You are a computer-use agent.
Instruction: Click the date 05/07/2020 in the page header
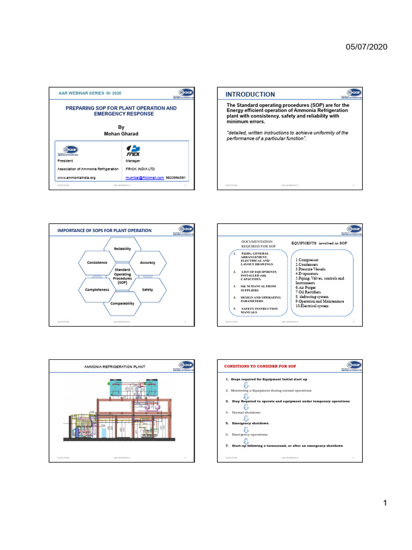(366, 47)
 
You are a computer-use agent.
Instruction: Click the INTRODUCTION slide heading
(251, 95)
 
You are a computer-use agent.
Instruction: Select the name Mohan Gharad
(121, 133)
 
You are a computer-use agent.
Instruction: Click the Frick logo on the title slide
(133, 150)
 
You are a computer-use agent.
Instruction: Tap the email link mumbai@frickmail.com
(144, 177)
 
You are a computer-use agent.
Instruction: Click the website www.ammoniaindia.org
(76, 177)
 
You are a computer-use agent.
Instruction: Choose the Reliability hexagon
(122, 249)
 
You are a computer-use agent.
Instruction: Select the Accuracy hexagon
(147, 262)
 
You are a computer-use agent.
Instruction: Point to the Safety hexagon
(147, 290)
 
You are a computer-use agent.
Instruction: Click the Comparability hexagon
(122, 303)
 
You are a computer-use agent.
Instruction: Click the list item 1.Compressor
(308, 259)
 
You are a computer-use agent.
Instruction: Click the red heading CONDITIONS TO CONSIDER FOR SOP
(260, 366)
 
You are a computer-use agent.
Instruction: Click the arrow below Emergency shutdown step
(246, 429)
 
